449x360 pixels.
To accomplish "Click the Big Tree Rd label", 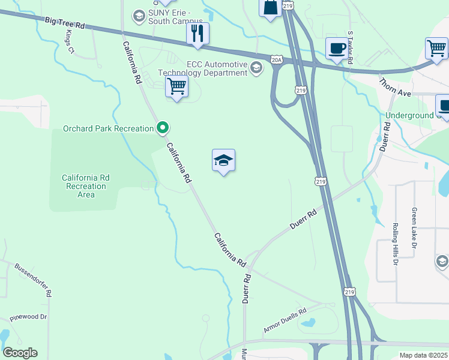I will coord(65,23).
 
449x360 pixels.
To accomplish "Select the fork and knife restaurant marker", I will coord(197,34).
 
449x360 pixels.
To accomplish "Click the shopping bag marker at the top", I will coord(270,7).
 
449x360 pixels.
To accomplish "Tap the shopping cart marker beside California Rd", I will coord(176,86).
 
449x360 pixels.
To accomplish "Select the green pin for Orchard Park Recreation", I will coord(162,128).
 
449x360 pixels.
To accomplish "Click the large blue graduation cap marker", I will coord(223,161).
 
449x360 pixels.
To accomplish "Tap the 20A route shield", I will coord(276,60).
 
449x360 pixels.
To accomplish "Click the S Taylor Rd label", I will coord(350,48).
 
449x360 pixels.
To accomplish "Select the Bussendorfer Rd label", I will coord(34,280).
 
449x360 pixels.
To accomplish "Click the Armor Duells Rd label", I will coord(285,320).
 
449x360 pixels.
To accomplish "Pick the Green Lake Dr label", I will coord(414,227).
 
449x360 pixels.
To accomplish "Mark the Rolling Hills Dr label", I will coord(395,244).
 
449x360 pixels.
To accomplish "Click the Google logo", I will coord(20,353).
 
